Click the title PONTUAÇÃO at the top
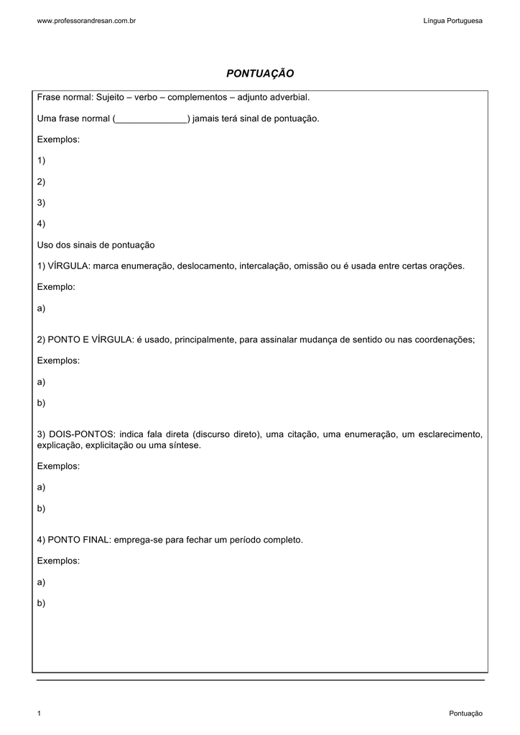[260, 74]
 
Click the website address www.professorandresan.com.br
[86, 21]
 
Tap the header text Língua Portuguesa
[453, 21]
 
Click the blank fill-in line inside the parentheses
[151, 118]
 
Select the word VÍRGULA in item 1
[68, 266]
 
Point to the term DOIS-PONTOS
[82, 434]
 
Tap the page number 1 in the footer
[39, 713]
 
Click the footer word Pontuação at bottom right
[465, 713]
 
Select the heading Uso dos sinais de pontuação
[96, 245]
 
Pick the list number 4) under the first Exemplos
[41, 224]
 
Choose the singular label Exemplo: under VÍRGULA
[56, 287]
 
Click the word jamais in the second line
[207, 118]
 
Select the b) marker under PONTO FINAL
[41, 603]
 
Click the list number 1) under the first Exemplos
[41, 161]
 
